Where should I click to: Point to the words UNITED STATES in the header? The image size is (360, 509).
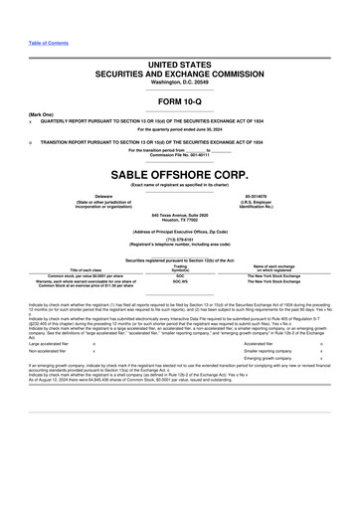tap(180, 64)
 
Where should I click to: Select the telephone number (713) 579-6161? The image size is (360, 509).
tap(180, 239)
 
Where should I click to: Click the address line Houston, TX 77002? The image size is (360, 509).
tap(180, 219)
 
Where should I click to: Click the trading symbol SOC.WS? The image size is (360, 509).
tap(180, 282)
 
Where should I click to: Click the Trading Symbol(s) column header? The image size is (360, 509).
tap(180, 267)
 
